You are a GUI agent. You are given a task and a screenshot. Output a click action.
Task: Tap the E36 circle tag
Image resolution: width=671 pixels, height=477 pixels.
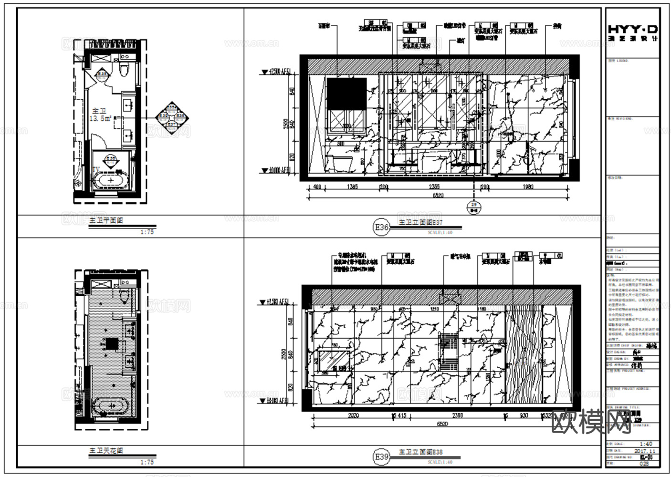click(381, 228)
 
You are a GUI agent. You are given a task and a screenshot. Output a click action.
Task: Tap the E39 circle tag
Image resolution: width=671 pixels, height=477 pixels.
click(381, 457)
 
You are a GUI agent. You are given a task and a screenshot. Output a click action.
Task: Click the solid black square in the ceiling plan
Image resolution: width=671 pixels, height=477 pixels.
click(112, 344)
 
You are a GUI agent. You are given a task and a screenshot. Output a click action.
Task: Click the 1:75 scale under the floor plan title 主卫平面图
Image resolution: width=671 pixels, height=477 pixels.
click(147, 232)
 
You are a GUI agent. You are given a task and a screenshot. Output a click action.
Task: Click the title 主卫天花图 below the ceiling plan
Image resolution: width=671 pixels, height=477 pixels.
click(106, 451)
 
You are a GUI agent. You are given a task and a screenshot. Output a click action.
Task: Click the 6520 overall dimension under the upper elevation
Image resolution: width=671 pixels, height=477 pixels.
click(438, 196)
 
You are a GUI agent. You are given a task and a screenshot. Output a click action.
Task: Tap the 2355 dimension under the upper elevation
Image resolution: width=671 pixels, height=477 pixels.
click(434, 187)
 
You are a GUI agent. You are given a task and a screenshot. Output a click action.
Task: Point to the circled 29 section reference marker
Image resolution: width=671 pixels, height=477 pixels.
click(474, 206)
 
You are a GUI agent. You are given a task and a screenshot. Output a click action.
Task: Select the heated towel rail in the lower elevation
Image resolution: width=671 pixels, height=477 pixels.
click(448, 350)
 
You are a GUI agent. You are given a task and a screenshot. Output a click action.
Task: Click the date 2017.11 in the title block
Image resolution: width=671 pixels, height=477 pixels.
click(645, 451)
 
